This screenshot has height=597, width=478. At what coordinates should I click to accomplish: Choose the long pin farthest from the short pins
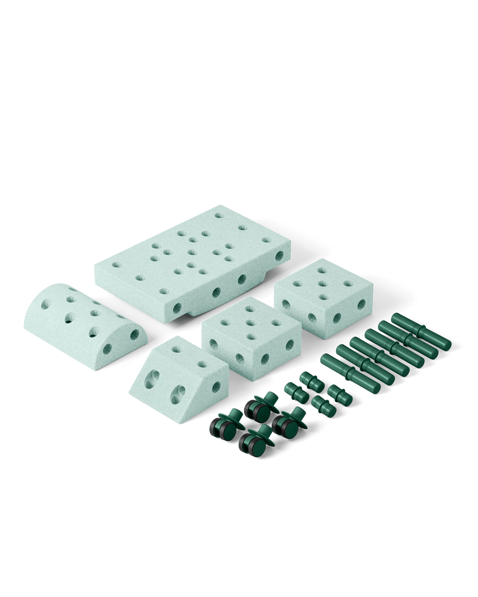[x=421, y=330]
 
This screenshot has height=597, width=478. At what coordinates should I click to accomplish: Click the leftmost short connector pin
[x=293, y=391]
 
